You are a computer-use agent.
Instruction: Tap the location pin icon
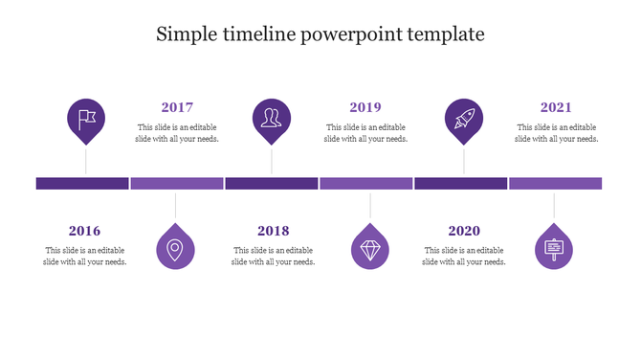pos(175,249)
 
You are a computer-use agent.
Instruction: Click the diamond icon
pos(370,249)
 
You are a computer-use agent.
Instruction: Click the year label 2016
pos(84,231)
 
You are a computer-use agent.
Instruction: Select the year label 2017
pos(177,107)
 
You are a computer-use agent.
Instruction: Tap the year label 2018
pos(274,231)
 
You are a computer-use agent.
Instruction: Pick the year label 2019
pos(365,107)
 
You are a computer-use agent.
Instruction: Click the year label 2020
pos(464,231)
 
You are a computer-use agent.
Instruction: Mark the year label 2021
pos(556,107)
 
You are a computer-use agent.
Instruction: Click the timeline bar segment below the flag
pos(82,183)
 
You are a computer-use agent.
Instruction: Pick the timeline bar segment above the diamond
pos(365,183)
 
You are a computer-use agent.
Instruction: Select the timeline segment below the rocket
pos(460,183)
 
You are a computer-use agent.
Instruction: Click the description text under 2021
pos(556,133)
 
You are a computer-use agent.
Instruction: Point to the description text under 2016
pos(85,256)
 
